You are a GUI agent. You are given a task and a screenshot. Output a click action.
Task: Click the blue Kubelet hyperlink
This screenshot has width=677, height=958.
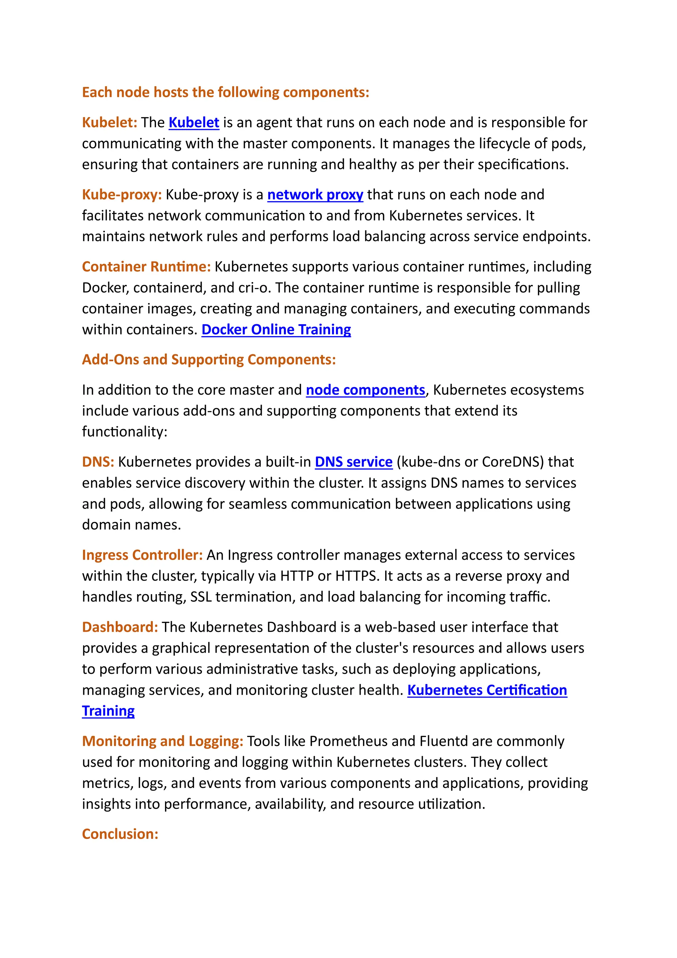194,123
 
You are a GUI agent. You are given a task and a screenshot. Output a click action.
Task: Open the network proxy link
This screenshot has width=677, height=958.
315,195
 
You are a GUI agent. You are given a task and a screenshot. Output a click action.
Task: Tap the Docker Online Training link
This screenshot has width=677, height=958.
276,329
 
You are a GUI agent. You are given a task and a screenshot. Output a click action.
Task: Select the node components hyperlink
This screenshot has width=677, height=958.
365,390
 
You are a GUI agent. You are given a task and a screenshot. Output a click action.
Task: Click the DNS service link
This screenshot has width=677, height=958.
353,462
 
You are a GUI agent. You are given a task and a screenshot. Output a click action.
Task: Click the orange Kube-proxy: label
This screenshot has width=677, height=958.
122,195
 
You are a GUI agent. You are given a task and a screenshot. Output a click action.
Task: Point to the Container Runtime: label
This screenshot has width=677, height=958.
146,267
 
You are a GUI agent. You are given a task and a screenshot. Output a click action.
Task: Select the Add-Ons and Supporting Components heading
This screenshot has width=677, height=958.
209,360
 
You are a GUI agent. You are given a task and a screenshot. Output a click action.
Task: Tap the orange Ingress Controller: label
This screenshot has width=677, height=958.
142,555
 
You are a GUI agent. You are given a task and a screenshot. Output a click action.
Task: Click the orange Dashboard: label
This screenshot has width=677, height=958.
120,627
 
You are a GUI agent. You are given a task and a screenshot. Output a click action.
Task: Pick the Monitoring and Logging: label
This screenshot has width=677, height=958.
163,741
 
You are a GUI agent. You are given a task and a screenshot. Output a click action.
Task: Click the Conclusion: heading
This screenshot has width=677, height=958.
120,834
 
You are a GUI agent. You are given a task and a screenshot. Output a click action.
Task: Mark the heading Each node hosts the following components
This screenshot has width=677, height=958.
225,92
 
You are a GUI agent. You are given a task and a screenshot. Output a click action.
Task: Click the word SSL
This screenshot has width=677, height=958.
201,597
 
